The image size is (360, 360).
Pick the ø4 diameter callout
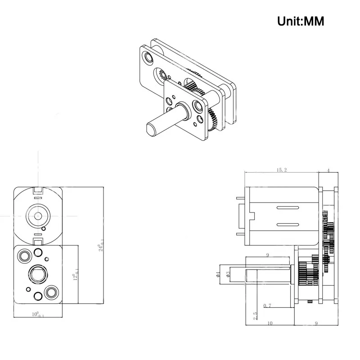point(219,274)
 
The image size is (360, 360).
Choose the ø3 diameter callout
point(228,274)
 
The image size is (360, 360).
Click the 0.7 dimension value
point(267,306)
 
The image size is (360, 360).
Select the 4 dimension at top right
point(328,170)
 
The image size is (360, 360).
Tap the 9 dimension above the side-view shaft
point(268,255)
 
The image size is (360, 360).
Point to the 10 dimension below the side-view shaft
point(270,322)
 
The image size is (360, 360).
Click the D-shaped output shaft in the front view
point(38,273)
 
